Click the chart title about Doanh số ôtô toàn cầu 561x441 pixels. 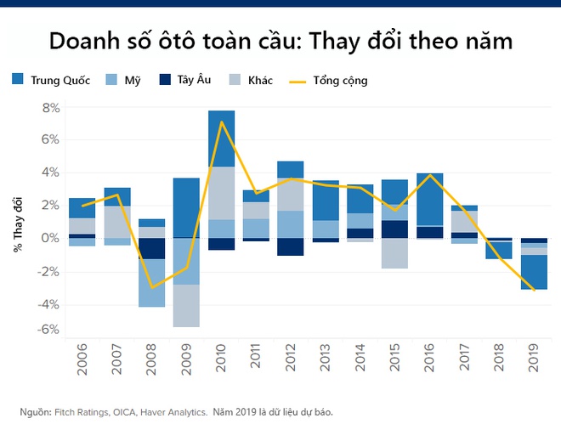click(x=280, y=40)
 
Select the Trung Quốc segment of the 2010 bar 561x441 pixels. click(x=221, y=138)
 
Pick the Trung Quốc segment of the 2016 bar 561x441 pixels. click(x=430, y=199)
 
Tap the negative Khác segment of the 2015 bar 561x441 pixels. click(x=395, y=253)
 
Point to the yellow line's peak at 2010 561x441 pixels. click(x=222, y=122)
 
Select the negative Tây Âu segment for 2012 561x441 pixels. click(x=291, y=246)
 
